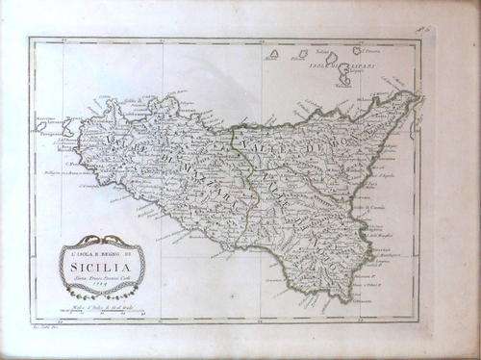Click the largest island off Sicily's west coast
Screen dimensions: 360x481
(69, 126)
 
